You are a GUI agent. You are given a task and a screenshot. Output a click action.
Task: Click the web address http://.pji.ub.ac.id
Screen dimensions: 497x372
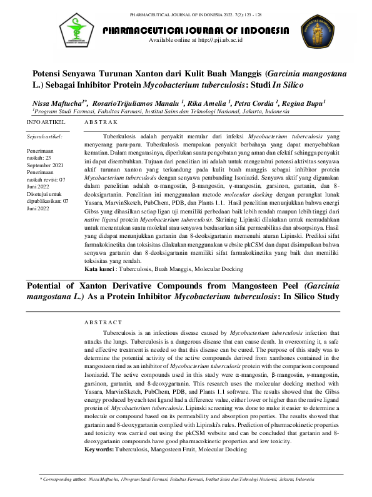click(x=213, y=40)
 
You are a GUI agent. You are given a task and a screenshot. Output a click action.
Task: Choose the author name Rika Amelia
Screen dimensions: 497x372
click(x=207, y=103)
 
